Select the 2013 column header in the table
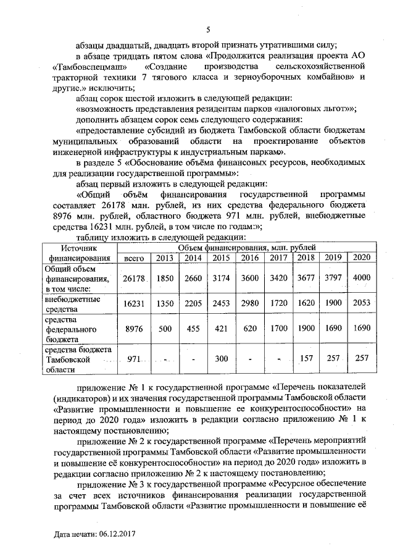click(164, 258)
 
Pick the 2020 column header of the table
click(362, 258)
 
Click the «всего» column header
click(134, 258)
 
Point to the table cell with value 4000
click(362, 279)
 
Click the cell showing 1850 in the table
click(164, 279)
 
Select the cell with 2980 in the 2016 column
click(249, 303)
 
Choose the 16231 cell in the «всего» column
click(134, 303)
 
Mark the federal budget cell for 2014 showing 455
click(193, 330)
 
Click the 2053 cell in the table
click(362, 303)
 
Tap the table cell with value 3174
click(221, 279)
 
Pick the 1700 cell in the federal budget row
click(278, 330)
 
